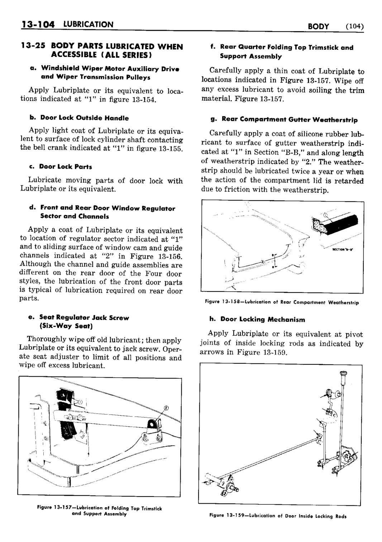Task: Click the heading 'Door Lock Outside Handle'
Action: point(84,118)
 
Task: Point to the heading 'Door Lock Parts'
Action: point(65,166)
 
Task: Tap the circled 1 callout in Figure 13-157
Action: point(80,401)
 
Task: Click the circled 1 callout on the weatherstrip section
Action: point(325,216)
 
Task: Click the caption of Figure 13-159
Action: point(278,516)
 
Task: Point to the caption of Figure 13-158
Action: point(282,302)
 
